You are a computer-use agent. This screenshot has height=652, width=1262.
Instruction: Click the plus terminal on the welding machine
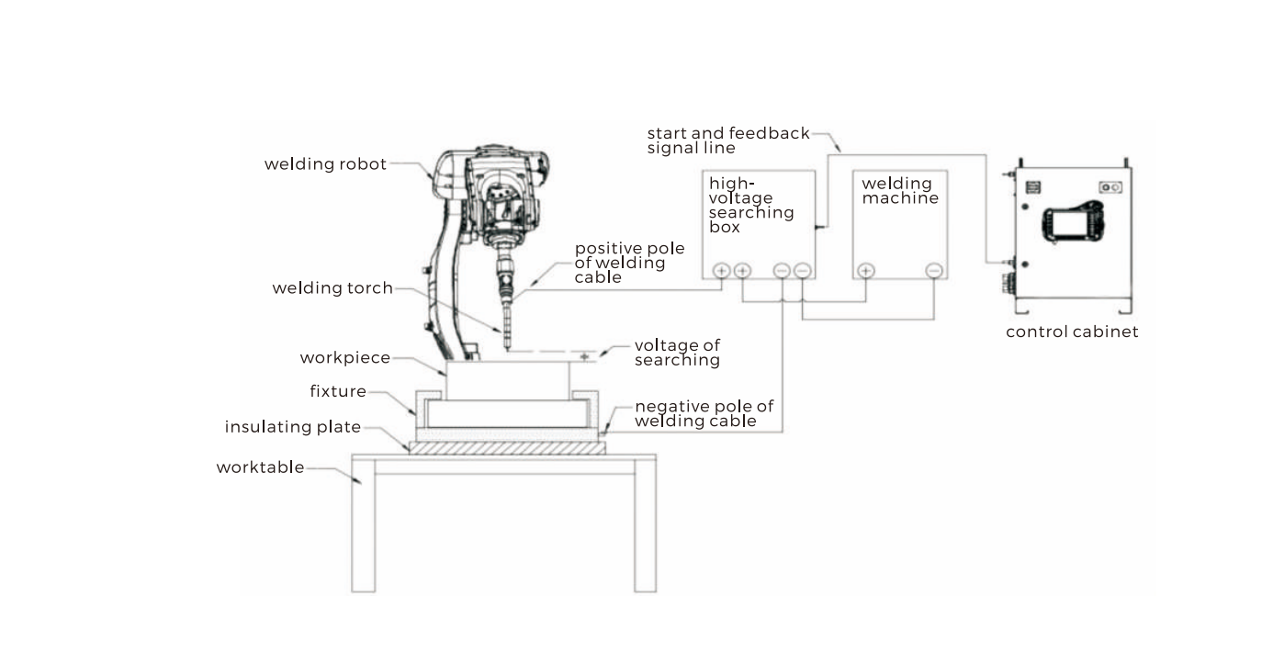coord(865,271)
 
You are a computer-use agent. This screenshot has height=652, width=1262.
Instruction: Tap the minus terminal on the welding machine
coord(934,271)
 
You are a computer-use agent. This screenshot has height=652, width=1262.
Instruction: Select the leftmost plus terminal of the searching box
coord(722,271)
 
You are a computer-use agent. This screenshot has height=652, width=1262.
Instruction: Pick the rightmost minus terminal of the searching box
coord(803,271)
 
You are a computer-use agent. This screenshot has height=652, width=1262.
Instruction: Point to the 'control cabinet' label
coord(1072,332)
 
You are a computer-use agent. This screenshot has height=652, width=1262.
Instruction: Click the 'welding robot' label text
coord(325,164)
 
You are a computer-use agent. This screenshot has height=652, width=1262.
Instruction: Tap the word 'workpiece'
coord(345,357)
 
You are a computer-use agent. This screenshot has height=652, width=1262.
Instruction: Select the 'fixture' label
coord(338,392)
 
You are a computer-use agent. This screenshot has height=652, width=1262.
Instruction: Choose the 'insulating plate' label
coord(293,427)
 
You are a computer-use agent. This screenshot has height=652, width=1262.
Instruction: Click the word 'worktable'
coord(260,467)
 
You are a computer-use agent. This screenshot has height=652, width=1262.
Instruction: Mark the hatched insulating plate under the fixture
coord(507,448)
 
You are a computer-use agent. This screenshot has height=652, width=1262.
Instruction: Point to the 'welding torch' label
coord(332,288)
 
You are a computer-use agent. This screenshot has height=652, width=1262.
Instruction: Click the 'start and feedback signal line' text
coord(728,141)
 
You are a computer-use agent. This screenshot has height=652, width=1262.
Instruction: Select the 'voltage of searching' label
coord(677,353)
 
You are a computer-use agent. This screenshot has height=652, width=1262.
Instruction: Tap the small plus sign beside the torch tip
coord(584,355)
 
